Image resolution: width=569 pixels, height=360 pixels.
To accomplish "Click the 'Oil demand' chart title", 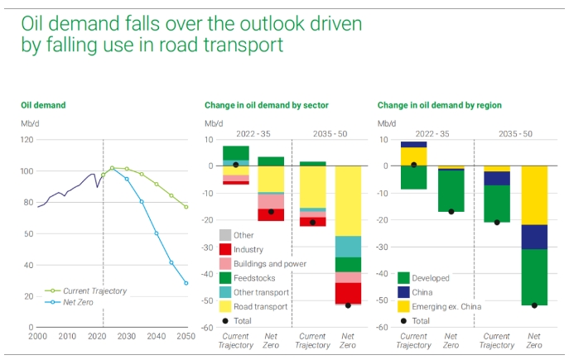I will [43, 106].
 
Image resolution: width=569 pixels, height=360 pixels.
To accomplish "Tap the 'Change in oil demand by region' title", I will [439, 106].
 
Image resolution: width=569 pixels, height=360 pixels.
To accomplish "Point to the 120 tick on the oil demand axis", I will [28, 140].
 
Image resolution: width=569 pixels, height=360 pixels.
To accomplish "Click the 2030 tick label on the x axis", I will [127, 336].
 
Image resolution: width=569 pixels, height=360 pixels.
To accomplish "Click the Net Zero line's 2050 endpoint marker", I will [186, 283].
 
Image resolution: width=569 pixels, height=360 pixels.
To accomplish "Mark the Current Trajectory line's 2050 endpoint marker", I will [186, 207].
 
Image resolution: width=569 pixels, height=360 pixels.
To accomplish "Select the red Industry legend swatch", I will [224, 249].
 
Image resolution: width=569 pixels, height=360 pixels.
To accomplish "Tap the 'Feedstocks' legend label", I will [254, 278].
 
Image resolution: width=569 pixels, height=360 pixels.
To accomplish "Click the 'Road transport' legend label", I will [261, 306].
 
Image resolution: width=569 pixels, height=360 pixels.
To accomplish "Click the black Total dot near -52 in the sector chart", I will [348, 305].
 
